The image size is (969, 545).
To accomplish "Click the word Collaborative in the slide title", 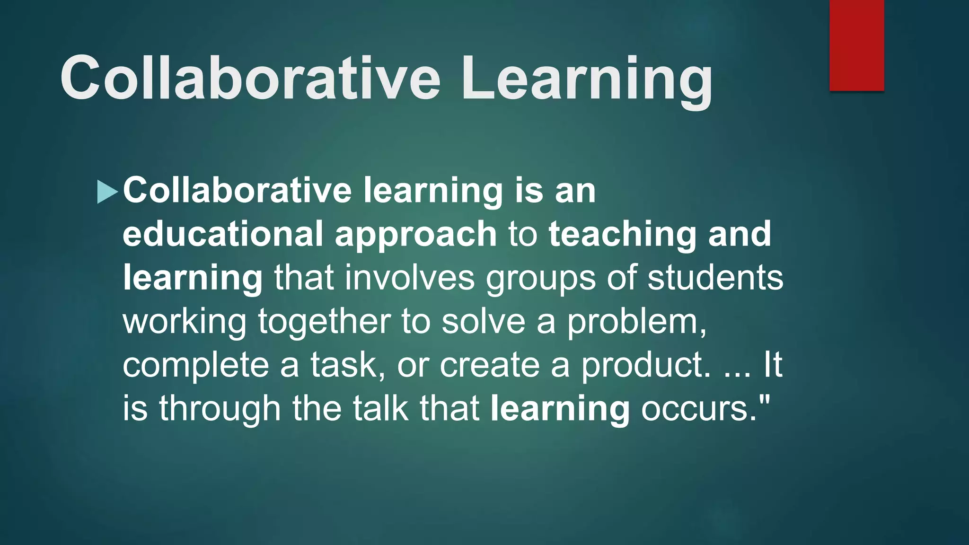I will (250, 78).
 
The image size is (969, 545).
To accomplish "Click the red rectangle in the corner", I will (856, 45).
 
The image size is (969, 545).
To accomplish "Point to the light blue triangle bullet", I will (106, 192).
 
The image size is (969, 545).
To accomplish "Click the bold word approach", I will (415, 235).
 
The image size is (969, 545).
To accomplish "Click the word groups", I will (540, 279).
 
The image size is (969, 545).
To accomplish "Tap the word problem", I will (636, 323).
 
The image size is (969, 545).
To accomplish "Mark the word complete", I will (196, 365).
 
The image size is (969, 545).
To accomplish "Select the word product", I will (645, 365).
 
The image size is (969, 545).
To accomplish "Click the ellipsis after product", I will (737, 374).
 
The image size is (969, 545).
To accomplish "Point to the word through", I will (220, 409).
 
